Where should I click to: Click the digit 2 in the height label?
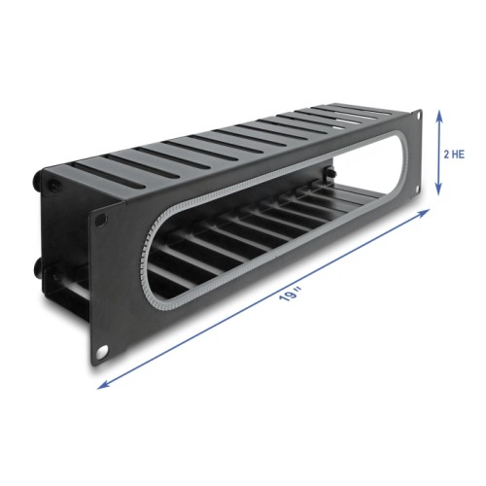click(445, 155)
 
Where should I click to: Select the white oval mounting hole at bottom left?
click(100, 348)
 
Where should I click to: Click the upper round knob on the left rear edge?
click(41, 182)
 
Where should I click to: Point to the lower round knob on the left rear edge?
click(40, 264)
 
